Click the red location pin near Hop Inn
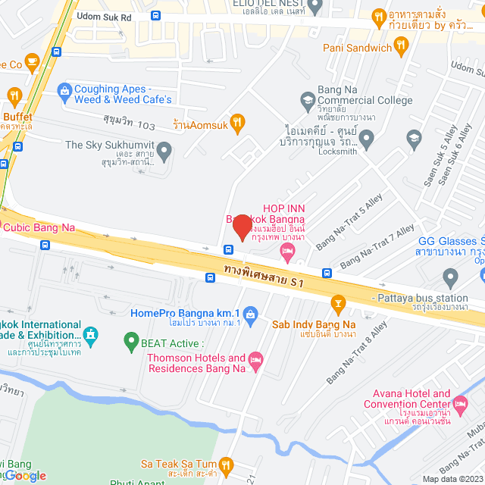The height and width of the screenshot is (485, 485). tap(242, 226)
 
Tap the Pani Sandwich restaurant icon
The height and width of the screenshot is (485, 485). tap(402, 48)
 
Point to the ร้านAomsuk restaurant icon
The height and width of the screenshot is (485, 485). tap(237, 121)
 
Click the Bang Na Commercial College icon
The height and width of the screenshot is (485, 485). tap(308, 99)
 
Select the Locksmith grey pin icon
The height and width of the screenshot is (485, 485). tap(367, 138)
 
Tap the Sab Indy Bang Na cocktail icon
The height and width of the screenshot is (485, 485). tap(338, 305)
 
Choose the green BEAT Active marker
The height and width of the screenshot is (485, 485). tap(130, 342)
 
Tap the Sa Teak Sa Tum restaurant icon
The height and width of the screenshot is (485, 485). tap(225, 464)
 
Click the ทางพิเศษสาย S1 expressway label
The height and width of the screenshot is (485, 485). tap(264, 276)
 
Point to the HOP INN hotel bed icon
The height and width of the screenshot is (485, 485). tap(287, 251)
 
